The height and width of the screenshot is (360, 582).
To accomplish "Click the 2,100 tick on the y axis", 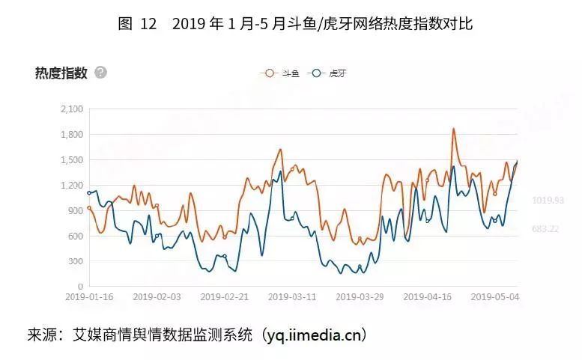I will [x=71, y=109].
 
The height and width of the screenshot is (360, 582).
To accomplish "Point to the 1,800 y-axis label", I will [x=71, y=135].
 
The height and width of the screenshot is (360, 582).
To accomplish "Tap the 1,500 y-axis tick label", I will [x=71, y=160].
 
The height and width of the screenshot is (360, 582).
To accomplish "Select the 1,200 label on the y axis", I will [x=71, y=186].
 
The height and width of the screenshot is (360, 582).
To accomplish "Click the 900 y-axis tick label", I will [x=75, y=211].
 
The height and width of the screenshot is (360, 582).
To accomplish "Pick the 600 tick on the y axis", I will [x=75, y=237].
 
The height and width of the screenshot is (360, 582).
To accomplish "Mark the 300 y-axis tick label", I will [x=75, y=262].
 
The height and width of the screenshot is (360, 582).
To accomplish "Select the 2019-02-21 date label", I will [x=224, y=297].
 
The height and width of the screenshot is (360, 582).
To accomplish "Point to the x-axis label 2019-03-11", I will [x=292, y=297].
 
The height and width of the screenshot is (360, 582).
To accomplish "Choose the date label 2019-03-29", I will [x=360, y=297].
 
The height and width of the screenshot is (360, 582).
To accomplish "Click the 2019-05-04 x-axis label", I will [x=494, y=297].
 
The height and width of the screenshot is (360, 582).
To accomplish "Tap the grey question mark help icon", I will [x=101, y=73].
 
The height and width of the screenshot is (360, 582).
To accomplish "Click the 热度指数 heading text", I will [x=61, y=73].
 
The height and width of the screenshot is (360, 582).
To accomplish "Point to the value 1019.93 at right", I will [x=548, y=201].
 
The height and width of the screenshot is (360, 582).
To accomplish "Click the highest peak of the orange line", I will [x=454, y=129].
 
